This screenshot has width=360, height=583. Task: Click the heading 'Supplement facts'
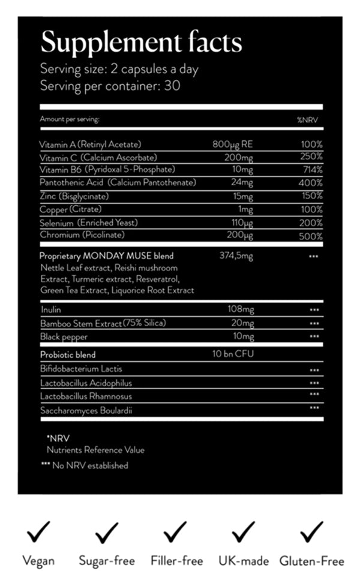[141, 43]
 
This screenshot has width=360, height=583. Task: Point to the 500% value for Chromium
[311, 236]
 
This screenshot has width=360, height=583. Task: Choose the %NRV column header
[310, 120]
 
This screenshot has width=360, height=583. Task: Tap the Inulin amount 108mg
[241, 309]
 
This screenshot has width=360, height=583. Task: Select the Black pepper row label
[64, 336]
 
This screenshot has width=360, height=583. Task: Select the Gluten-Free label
[311, 561]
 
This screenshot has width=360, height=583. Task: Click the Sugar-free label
[107, 561]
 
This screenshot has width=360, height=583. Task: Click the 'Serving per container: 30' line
[110, 85]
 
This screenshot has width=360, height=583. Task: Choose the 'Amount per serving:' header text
[70, 120]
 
